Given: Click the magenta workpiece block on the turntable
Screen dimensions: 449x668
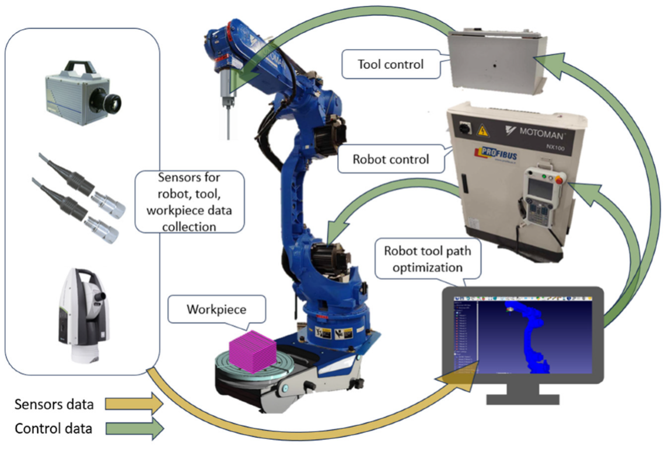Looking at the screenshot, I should pyautogui.click(x=251, y=352).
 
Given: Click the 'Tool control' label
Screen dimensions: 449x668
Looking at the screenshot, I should pyautogui.click(x=390, y=64).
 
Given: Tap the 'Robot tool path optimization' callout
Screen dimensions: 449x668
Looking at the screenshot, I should pyautogui.click(x=428, y=259).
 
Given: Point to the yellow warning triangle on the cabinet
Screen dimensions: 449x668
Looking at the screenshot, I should pyautogui.click(x=484, y=129).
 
